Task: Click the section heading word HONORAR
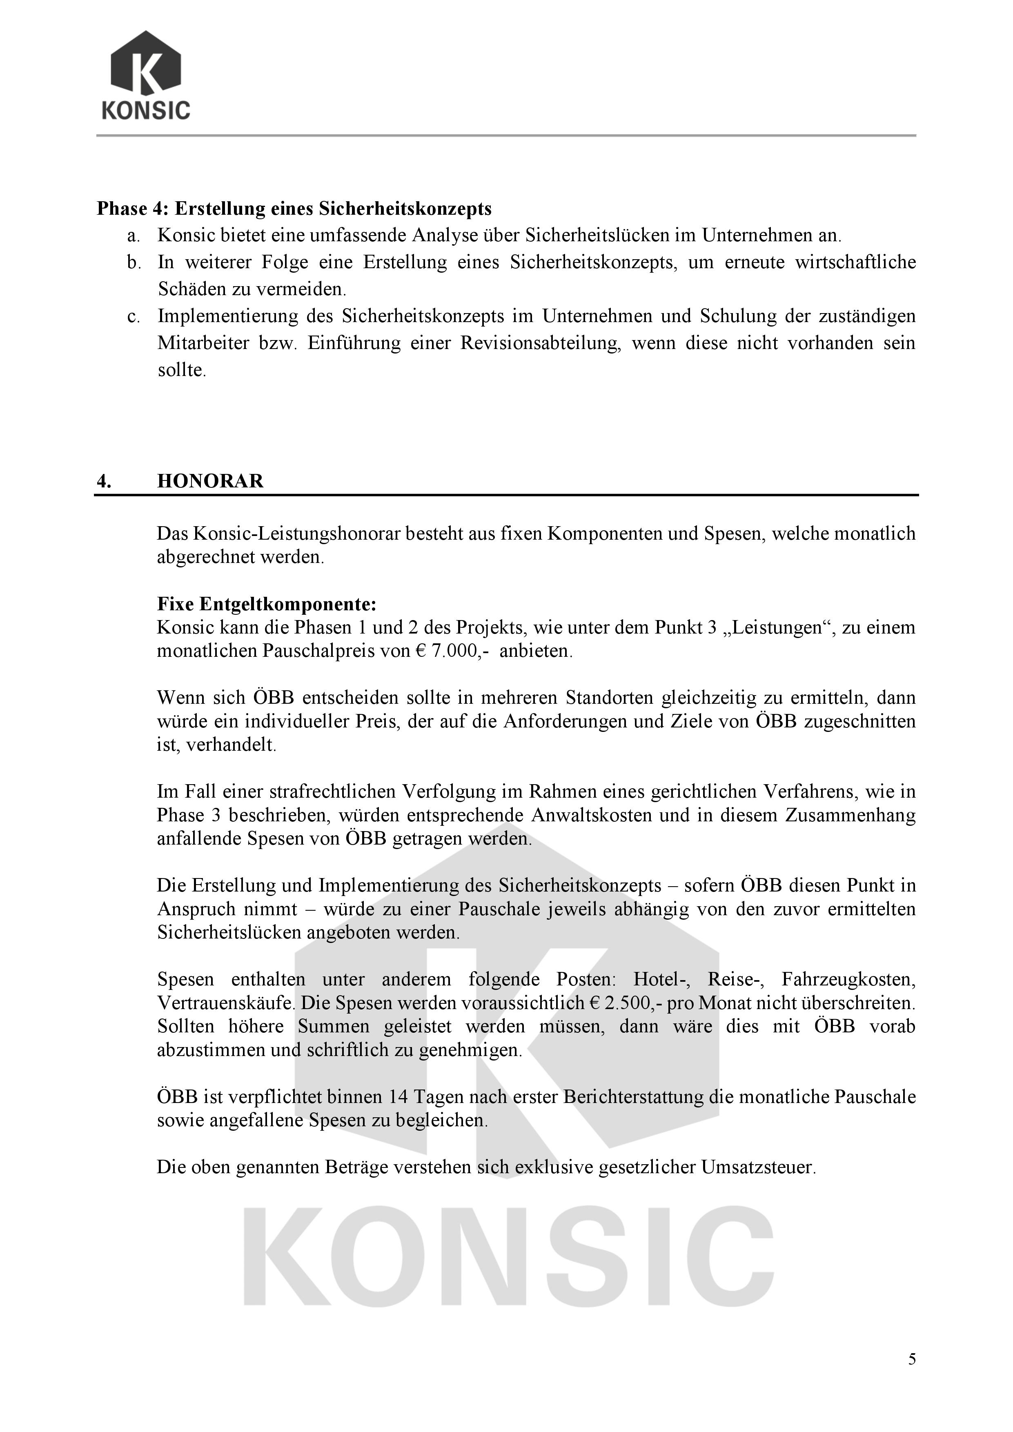(210, 481)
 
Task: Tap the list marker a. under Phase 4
(132, 236)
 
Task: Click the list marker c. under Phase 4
(132, 317)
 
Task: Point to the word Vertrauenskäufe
(225, 1003)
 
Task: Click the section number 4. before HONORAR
(104, 481)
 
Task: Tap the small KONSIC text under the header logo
(146, 110)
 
